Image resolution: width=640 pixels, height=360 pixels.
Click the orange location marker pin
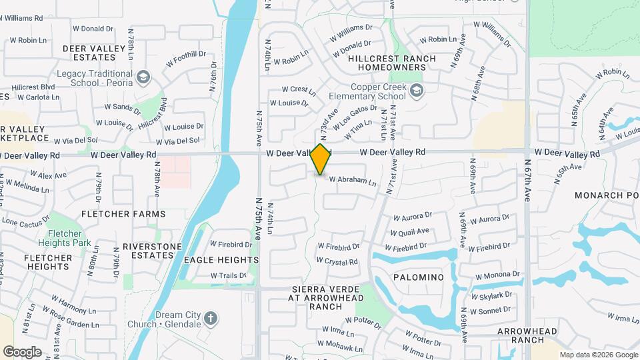click(321, 159)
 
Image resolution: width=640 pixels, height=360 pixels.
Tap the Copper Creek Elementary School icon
click(417, 91)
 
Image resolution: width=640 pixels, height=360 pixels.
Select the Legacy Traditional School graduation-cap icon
click(142, 78)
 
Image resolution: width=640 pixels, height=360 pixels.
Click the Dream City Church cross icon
click(211, 318)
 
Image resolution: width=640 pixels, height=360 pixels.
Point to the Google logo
click(22, 351)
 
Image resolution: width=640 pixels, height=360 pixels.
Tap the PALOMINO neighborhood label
click(419, 277)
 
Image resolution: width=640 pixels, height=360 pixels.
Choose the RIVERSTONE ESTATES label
click(152, 251)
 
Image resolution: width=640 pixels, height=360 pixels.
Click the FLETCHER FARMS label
click(123, 214)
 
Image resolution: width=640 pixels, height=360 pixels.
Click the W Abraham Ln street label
click(353, 181)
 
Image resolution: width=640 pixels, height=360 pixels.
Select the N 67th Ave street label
click(527, 181)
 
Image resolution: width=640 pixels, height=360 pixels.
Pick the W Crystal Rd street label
click(337, 261)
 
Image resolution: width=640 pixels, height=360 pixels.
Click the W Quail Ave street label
click(411, 231)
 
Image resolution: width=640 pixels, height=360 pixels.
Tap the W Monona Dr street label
click(497, 275)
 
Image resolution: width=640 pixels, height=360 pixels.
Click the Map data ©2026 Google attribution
click(598, 355)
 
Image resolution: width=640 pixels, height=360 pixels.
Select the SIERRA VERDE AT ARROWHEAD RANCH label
click(325, 293)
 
